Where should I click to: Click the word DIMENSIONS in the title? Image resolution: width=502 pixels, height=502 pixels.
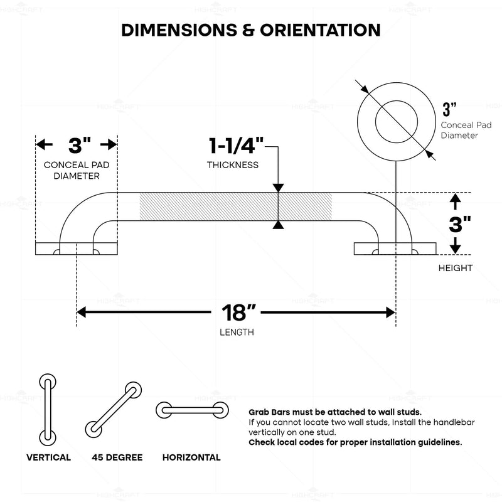click(179, 30)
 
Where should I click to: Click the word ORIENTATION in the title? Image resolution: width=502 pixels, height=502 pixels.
click(320, 30)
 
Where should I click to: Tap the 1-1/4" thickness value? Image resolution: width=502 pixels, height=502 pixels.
click(237, 146)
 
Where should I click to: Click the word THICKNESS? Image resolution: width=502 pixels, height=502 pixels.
click(233, 165)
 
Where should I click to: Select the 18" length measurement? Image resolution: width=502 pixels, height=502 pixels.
click(238, 312)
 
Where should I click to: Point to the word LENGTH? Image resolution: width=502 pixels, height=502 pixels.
click(237, 333)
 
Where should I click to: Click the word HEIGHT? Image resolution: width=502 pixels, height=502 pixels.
click(456, 268)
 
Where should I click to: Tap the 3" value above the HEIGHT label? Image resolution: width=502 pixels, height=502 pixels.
click(460, 225)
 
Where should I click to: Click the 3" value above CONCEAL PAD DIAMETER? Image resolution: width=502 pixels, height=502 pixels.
click(80, 146)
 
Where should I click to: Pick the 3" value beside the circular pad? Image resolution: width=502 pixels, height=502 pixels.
click(449, 109)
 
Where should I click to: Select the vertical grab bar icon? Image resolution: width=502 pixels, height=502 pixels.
click(48, 410)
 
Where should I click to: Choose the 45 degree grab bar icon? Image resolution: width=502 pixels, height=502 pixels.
click(114, 410)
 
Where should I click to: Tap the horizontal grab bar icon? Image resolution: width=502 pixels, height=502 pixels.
click(192, 410)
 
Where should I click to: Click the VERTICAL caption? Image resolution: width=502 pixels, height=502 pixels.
click(49, 457)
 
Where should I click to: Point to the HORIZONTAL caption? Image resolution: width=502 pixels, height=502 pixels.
click(191, 457)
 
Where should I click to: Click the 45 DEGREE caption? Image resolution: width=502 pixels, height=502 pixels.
click(117, 457)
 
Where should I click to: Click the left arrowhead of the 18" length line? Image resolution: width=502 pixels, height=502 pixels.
click(82, 312)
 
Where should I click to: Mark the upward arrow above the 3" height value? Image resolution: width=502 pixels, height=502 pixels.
click(456, 201)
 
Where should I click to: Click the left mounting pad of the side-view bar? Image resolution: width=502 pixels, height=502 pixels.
click(77, 248)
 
